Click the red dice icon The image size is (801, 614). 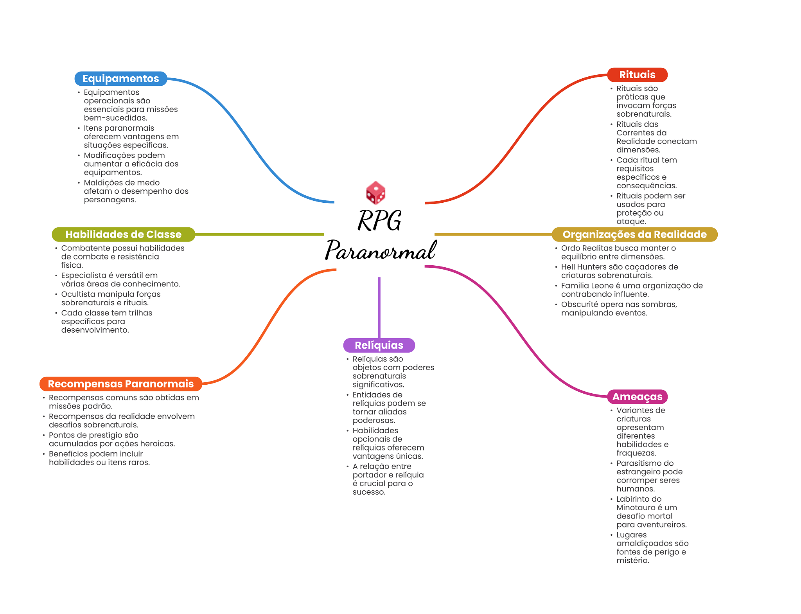click(375, 193)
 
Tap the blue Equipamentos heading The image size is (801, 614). click(120, 79)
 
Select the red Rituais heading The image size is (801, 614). click(637, 75)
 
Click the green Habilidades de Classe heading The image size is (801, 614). click(123, 234)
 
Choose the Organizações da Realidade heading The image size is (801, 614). click(634, 234)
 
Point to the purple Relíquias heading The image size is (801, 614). click(379, 345)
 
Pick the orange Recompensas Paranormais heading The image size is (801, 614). click(120, 384)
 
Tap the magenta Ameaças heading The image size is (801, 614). click(637, 397)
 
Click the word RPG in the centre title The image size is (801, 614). click(379, 220)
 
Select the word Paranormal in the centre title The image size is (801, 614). click(381, 250)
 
